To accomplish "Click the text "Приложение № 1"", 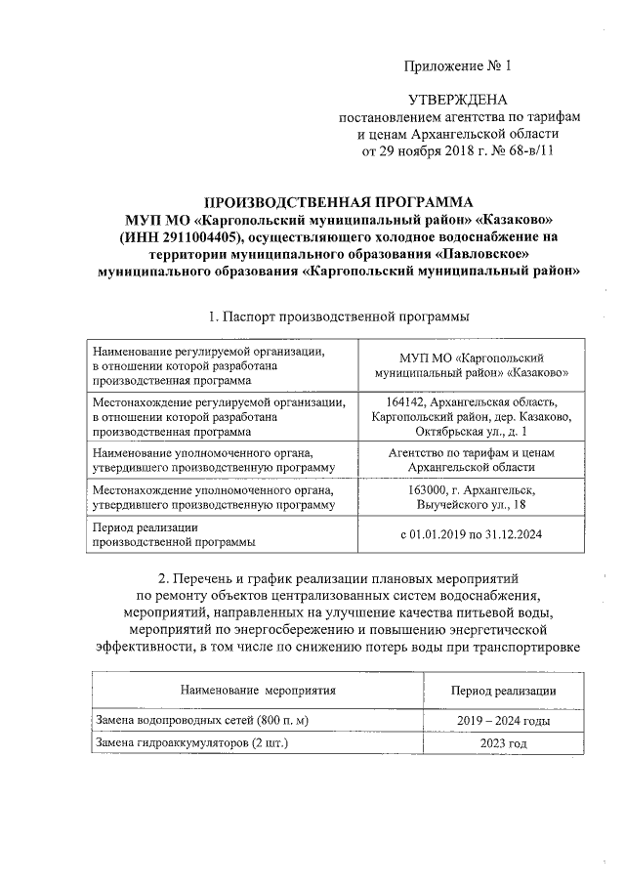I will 457,66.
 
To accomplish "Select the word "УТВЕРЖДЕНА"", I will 457,101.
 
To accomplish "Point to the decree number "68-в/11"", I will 531,151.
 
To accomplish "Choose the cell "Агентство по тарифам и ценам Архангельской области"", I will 472,460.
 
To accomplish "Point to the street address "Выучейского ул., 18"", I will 472,504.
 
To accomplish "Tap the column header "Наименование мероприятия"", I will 257,690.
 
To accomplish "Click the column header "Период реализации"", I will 503,690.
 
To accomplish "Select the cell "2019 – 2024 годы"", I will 503,721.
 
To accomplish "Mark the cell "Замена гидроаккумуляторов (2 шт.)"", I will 192,743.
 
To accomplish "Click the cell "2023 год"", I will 503,743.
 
